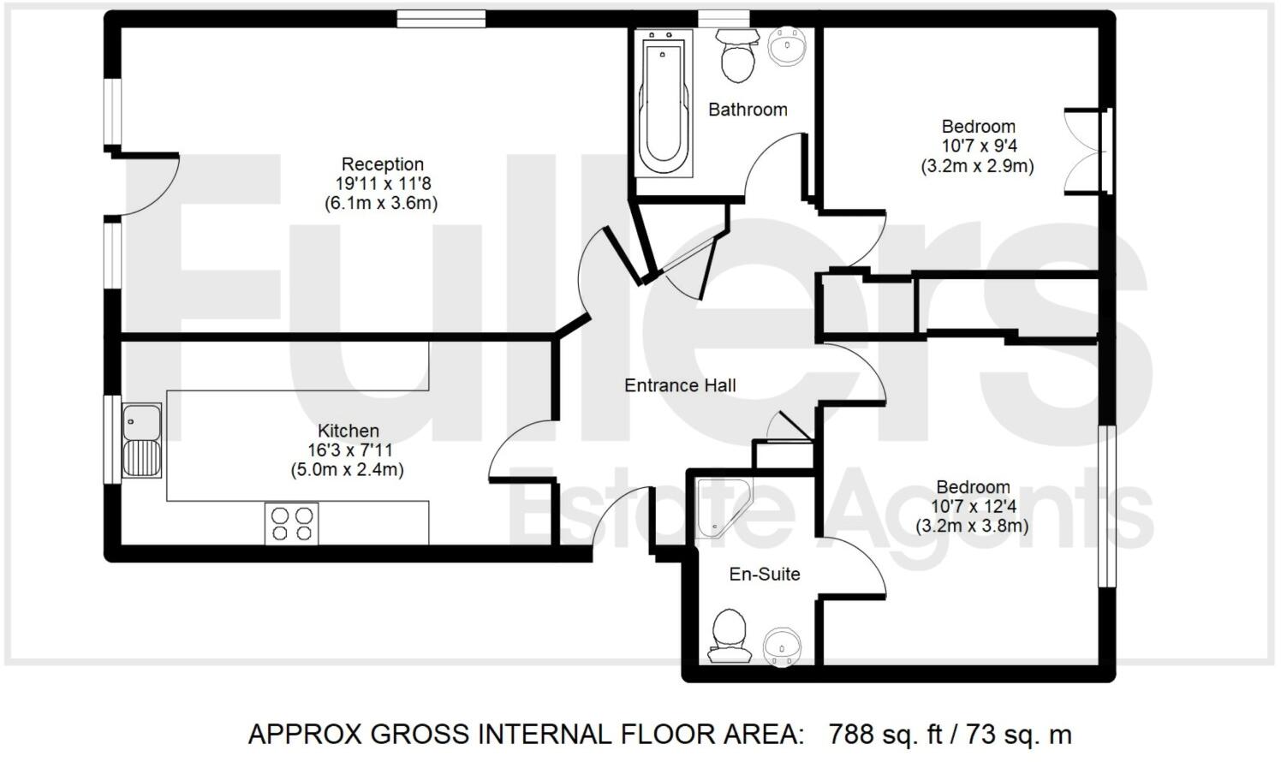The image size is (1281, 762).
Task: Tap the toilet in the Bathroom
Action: click(736, 57)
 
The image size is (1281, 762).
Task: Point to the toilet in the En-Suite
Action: click(730, 634)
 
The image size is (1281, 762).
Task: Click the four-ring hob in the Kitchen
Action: click(292, 523)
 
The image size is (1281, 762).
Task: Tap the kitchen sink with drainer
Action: click(141, 440)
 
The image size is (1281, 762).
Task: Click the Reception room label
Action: click(382, 164)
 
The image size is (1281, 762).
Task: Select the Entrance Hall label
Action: click(680, 385)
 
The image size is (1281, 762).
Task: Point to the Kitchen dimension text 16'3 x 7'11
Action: click(348, 450)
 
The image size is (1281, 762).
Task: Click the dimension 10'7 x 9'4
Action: click(979, 146)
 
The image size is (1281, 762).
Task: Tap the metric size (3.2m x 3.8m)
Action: click(973, 526)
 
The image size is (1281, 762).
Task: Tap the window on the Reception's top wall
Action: click(441, 19)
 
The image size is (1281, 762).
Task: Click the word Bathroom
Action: click(748, 110)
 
